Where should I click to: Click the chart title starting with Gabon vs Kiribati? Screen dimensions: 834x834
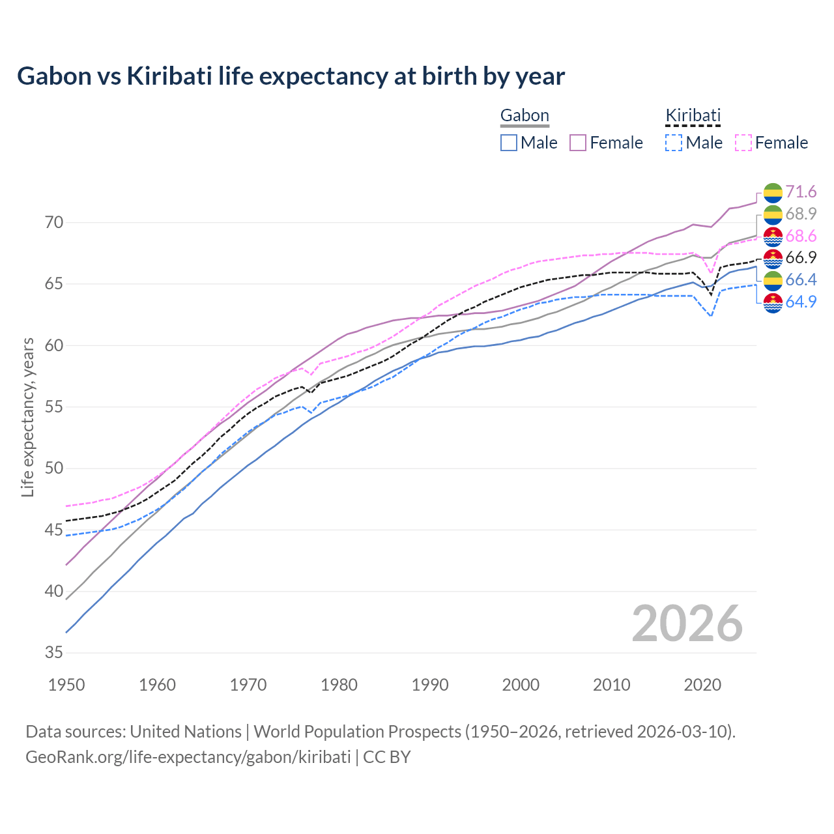291,76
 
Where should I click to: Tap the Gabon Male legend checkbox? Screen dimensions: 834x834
509,143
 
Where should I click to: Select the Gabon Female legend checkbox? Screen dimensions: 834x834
578,143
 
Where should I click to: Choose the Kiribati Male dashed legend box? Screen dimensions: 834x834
674,143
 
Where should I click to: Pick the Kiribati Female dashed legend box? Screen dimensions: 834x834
743,143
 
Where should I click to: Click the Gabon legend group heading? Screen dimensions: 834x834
525,116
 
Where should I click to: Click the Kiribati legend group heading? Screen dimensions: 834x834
693,116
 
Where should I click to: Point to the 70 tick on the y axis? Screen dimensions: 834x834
54,223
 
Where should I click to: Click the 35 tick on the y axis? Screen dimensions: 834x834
54,653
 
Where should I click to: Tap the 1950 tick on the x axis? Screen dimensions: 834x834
66,685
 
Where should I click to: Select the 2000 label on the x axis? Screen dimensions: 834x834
521,685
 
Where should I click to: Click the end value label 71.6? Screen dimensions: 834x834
801,192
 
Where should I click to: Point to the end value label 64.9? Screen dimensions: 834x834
801,302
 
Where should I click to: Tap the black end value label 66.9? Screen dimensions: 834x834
801,258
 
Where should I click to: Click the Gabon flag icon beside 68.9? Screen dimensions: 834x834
773,214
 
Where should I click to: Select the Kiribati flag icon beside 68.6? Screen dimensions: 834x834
773,237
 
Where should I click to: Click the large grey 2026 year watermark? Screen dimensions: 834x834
687,624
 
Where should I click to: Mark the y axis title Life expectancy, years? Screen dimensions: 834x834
28,417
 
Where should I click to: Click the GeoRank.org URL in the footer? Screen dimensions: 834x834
188,757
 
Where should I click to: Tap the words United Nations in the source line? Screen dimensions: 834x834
186,732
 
